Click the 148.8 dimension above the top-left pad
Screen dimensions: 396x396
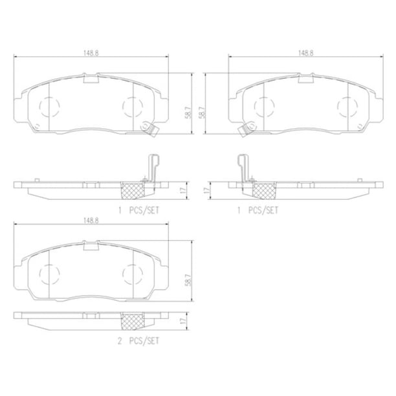[x=91, y=53]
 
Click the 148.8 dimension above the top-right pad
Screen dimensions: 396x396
[x=306, y=53]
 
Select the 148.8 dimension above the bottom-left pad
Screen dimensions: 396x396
[x=91, y=221]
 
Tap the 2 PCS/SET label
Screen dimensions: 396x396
[x=138, y=341]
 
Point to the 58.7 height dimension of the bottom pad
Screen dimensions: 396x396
[x=188, y=280]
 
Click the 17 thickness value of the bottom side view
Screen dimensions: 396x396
[x=183, y=321]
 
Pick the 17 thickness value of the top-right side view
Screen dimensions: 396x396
[x=207, y=190]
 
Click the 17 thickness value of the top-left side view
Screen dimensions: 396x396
[x=183, y=190]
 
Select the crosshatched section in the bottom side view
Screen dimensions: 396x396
[x=133, y=321]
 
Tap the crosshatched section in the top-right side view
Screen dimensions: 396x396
[x=264, y=190]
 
